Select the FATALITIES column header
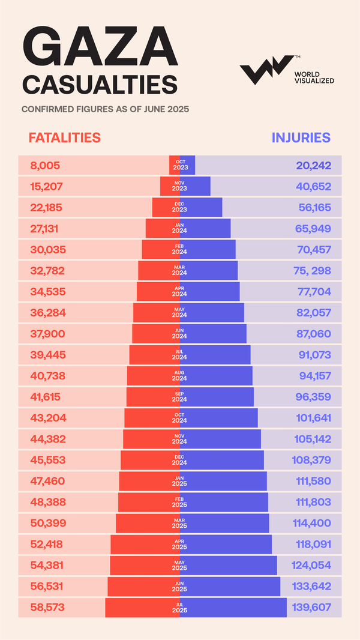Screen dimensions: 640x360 [65, 137]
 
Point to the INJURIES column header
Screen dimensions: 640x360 [301, 137]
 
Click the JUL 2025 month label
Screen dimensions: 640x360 [180, 607]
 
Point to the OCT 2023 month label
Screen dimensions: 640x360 [180, 165]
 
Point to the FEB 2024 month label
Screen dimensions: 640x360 [180, 249]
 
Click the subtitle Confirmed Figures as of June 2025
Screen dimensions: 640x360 [106, 109]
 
